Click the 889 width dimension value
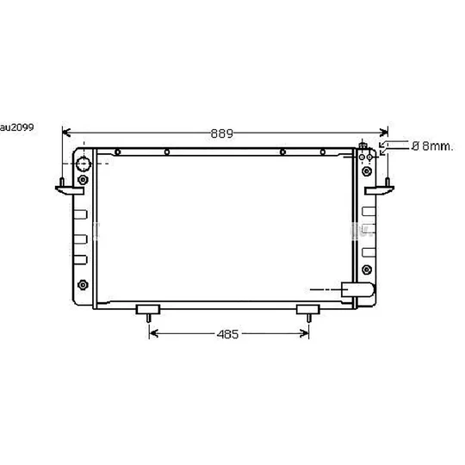[222, 133]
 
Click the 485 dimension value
[227, 334]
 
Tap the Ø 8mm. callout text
[432, 146]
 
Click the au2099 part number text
[17, 127]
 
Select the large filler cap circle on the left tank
[84, 164]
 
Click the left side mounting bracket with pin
[70, 188]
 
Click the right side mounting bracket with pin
[380, 188]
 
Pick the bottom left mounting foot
[148, 313]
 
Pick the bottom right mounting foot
[308, 313]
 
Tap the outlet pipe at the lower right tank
[358, 289]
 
